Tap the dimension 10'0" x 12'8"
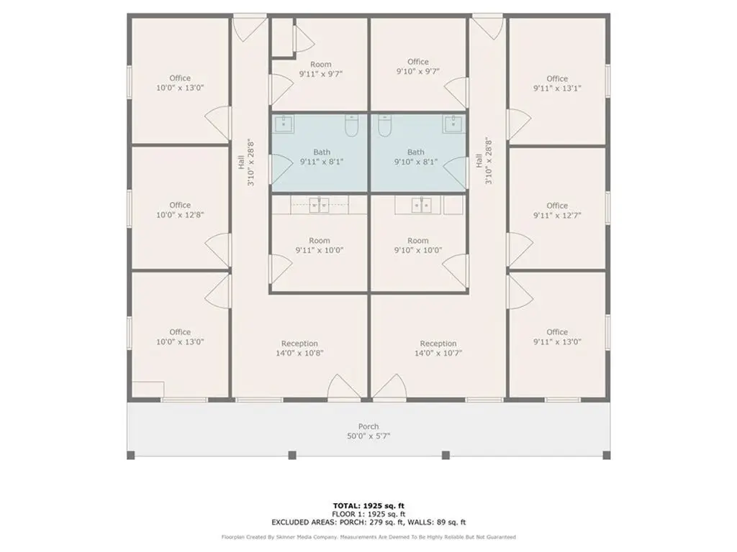(x=180, y=215)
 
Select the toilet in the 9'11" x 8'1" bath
(x=351, y=125)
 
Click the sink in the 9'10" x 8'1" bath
(x=453, y=124)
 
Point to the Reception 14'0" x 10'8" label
(x=299, y=349)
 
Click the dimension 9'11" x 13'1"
(x=557, y=88)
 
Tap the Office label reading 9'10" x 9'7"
(x=418, y=67)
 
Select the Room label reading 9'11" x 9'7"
(x=321, y=69)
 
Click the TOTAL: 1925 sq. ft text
(x=368, y=505)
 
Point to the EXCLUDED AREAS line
(x=368, y=522)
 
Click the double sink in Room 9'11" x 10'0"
(x=319, y=205)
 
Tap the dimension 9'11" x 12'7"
(x=557, y=216)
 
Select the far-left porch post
(x=131, y=455)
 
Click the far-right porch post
(x=606, y=455)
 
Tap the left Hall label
(x=241, y=162)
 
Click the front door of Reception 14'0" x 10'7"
(x=389, y=387)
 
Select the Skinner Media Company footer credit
(x=368, y=537)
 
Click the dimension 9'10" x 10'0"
(x=418, y=250)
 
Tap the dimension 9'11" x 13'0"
(x=557, y=341)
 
